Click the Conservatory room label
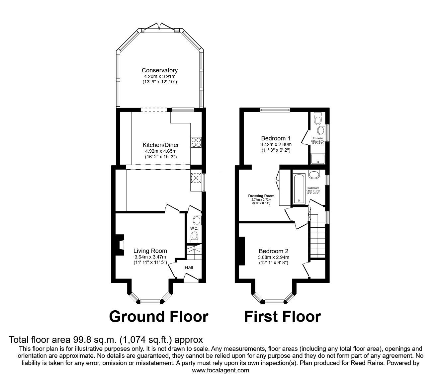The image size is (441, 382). (x=159, y=70)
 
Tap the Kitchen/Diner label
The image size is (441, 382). (x=161, y=145)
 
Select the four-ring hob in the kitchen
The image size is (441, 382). (x=196, y=142)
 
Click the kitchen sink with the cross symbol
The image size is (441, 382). (x=196, y=178)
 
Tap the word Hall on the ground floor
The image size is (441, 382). (x=188, y=267)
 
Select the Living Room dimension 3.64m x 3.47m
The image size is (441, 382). (x=150, y=257)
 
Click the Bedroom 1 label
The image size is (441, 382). (x=276, y=138)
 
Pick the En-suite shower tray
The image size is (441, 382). (x=318, y=159)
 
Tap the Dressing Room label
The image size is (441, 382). (x=261, y=196)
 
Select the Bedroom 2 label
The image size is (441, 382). (x=273, y=251)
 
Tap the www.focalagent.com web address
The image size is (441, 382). (x=220, y=370)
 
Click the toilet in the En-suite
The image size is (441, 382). (x=318, y=119)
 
